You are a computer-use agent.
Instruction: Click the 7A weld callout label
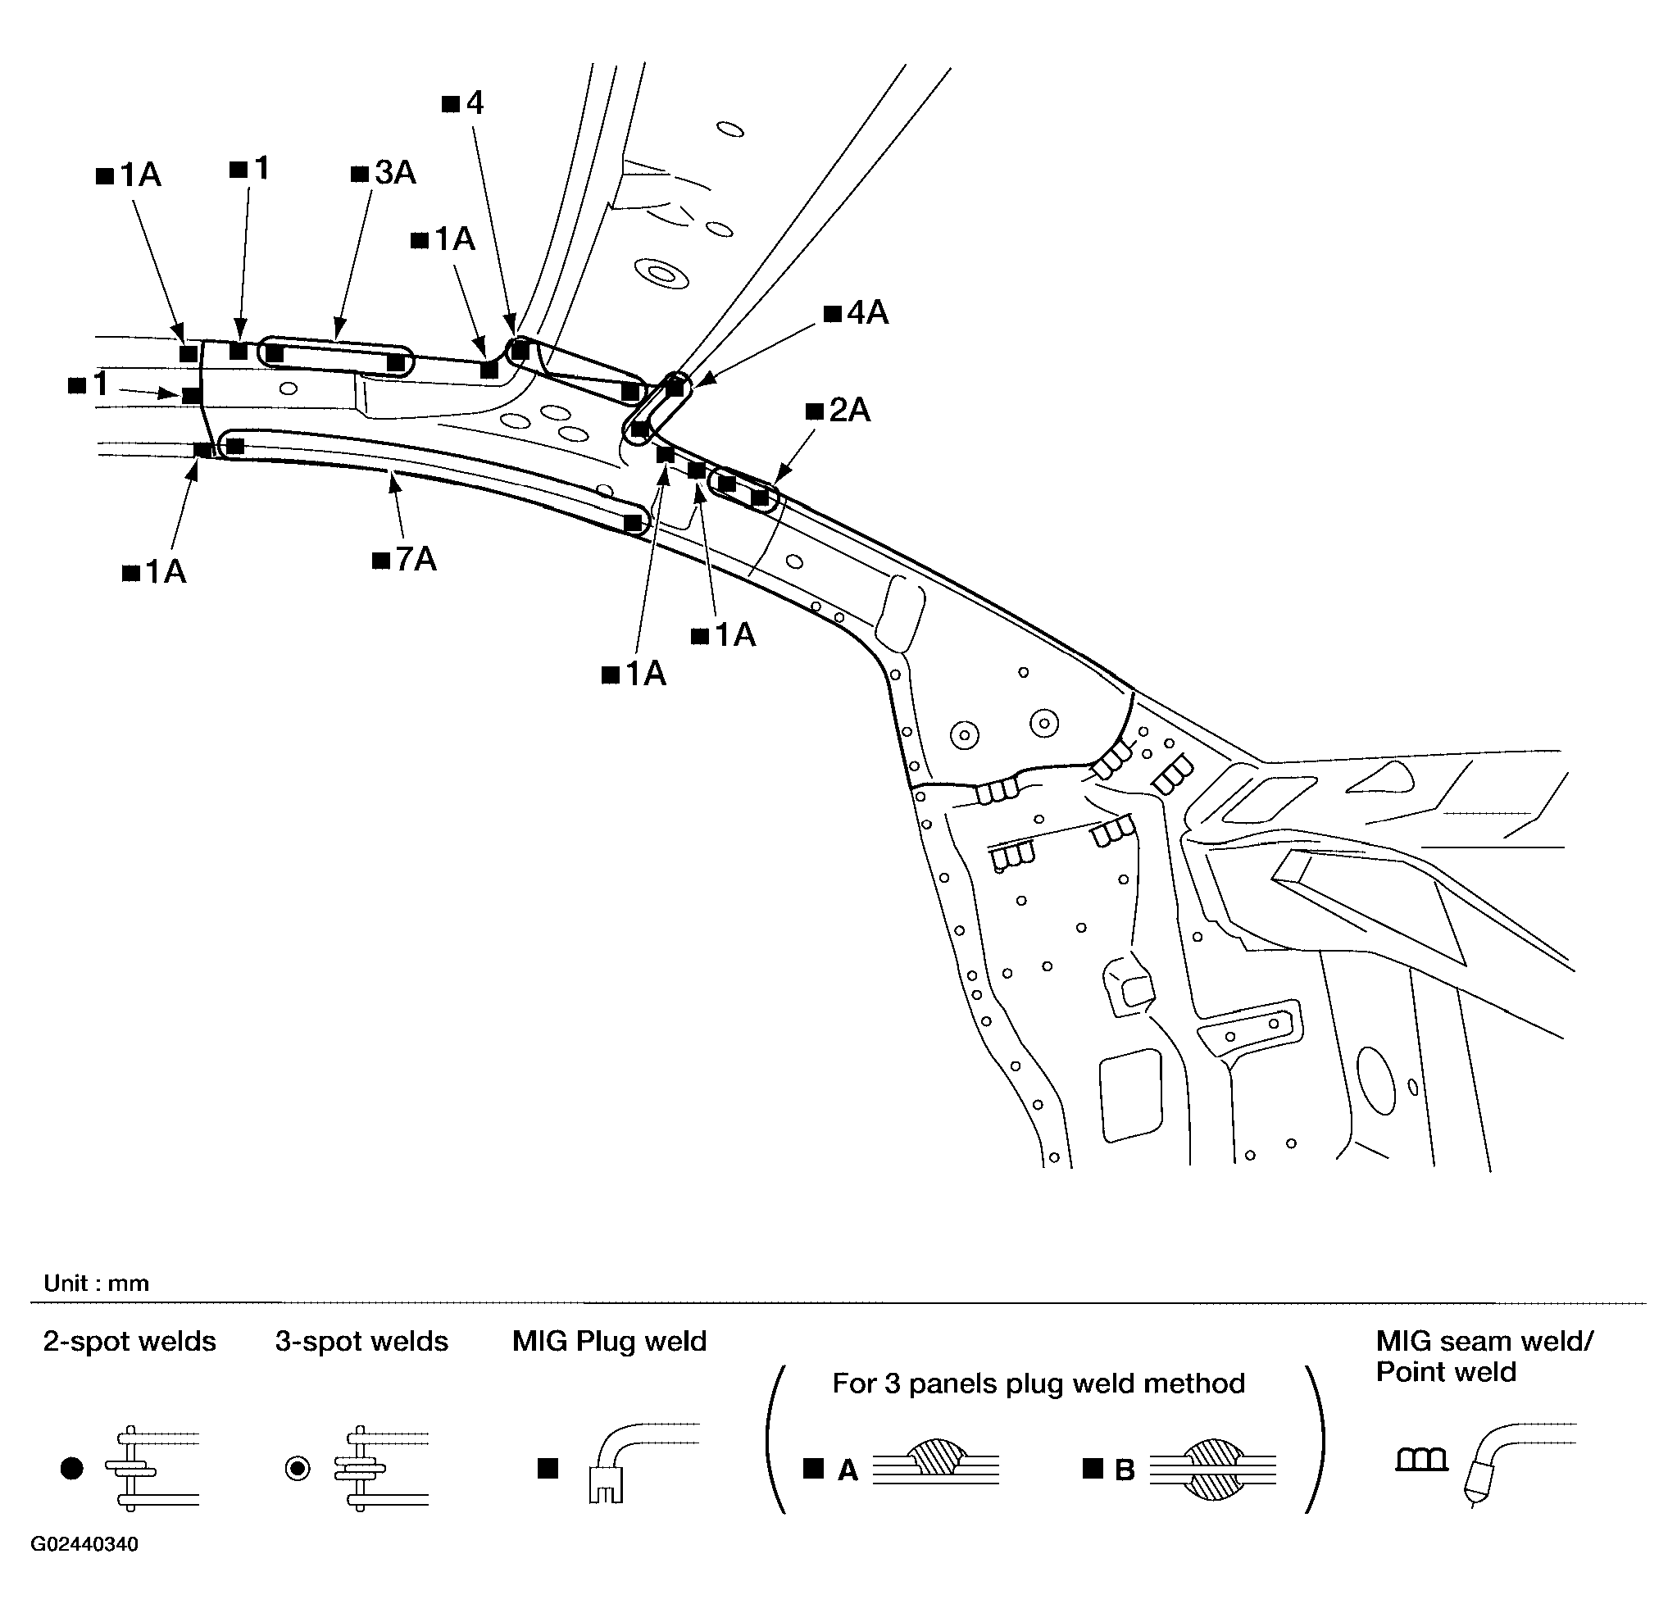406,560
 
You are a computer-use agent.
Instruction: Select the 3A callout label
384,173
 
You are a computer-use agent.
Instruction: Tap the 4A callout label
857,313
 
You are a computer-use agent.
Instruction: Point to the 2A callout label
839,411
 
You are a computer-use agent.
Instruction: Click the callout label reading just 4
463,103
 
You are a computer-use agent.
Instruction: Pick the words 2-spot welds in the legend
130,1341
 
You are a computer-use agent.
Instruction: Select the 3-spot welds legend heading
362,1341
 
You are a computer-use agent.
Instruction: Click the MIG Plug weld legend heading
610,1341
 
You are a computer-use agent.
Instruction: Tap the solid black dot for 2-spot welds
72,1469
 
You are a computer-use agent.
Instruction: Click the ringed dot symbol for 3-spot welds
298,1469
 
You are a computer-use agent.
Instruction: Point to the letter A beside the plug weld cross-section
847,1470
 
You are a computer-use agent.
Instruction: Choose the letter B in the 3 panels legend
1125,1470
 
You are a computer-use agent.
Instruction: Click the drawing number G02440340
84,1544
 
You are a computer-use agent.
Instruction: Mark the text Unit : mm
97,1284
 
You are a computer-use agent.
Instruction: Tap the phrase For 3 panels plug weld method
1038,1384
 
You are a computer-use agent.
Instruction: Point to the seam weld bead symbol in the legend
1422,1459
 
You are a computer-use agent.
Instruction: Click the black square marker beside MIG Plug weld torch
548,1469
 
